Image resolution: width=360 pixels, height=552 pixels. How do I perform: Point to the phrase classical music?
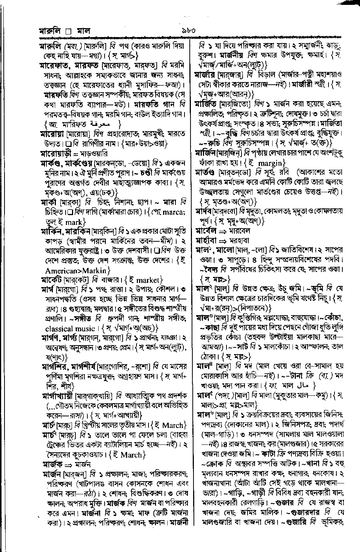(x=70, y=329)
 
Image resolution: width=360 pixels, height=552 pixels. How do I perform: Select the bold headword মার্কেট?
(x=51, y=280)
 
